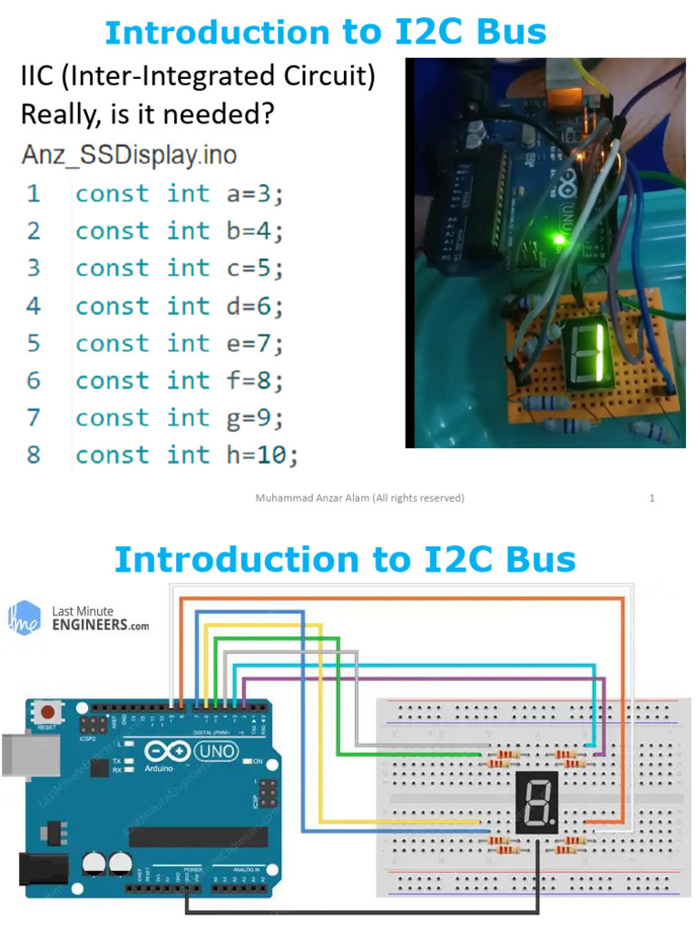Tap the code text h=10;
click(262, 455)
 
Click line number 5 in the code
click(34, 343)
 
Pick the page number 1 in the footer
click(652, 497)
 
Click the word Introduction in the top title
click(215, 33)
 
